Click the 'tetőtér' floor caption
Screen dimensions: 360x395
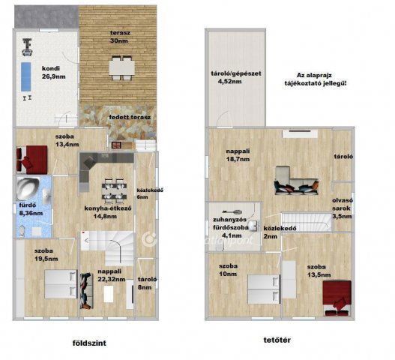coord(272,339)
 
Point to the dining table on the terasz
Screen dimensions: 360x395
coord(120,68)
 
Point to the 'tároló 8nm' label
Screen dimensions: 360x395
coord(145,283)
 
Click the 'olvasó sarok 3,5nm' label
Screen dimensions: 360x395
coord(343,208)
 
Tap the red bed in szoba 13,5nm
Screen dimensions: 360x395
coord(338,294)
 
